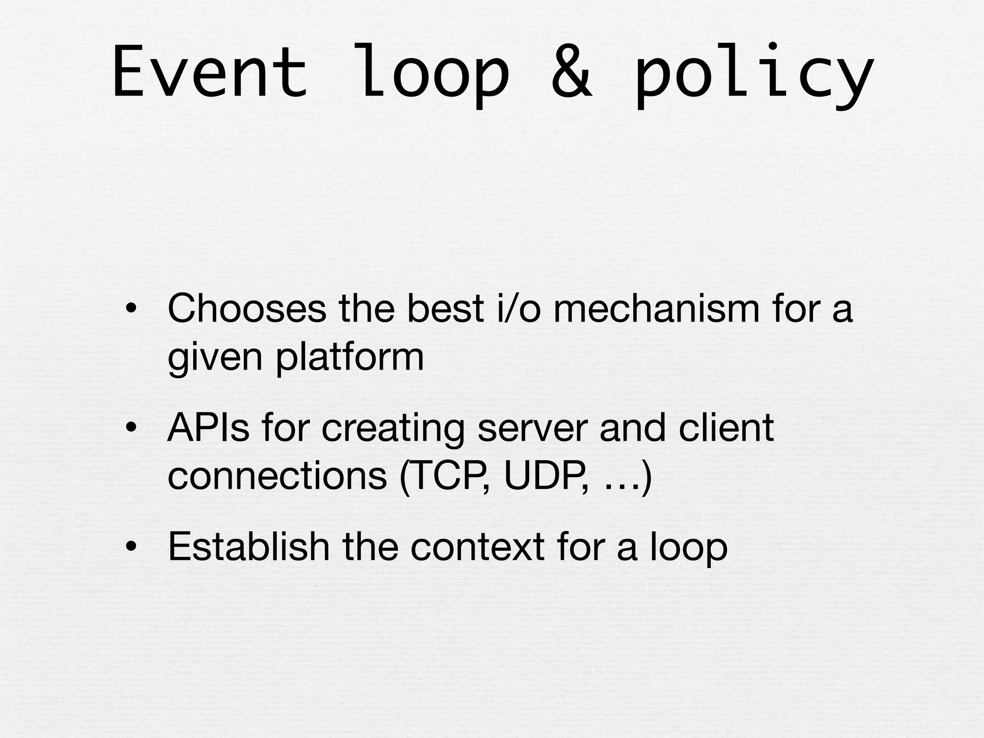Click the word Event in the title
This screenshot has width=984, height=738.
tap(209, 72)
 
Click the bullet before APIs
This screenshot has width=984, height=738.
tap(130, 428)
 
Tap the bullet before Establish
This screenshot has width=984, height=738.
tap(130, 547)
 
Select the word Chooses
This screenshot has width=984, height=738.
tap(247, 308)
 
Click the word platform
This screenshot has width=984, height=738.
tap(350, 357)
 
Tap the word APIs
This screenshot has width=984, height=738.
tap(209, 427)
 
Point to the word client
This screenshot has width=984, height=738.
tap(726, 427)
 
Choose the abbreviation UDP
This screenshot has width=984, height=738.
tap(545, 476)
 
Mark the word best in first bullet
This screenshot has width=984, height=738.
tap(445, 308)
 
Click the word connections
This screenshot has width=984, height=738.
tap(277, 476)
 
